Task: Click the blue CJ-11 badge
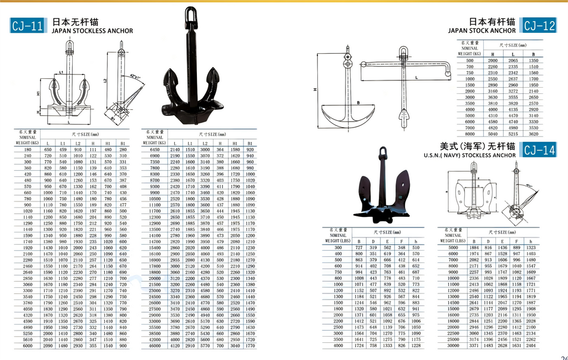28,26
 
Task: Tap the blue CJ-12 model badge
539,26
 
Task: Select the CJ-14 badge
539,150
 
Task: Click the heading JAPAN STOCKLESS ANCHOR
92,31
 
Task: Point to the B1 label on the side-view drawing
114,118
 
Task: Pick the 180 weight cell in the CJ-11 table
27,150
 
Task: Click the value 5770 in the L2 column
205,346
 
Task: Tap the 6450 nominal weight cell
155,150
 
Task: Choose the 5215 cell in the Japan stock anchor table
513,134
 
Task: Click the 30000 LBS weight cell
453,345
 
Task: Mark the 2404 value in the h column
531,345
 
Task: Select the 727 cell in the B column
359,247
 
